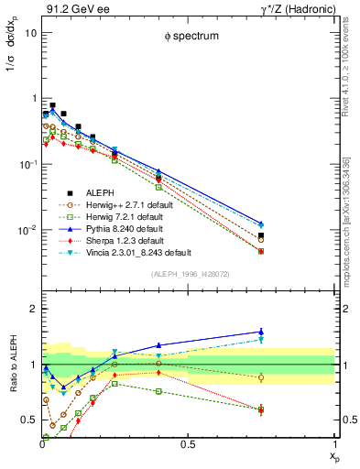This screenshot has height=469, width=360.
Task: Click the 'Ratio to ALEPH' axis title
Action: point(12,390)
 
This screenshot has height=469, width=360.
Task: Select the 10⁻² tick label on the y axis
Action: point(26,230)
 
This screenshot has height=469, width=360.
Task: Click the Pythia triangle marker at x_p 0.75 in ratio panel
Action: point(261,332)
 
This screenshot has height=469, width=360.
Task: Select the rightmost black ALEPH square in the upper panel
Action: point(261,235)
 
